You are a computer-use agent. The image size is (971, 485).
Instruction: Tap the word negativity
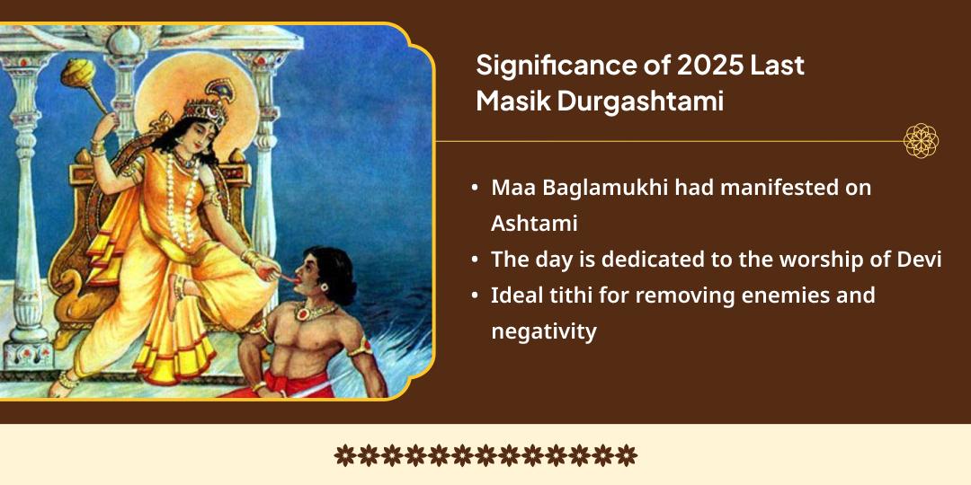(x=543, y=331)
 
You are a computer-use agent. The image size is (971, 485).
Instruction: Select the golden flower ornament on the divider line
(x=921, y=141)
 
